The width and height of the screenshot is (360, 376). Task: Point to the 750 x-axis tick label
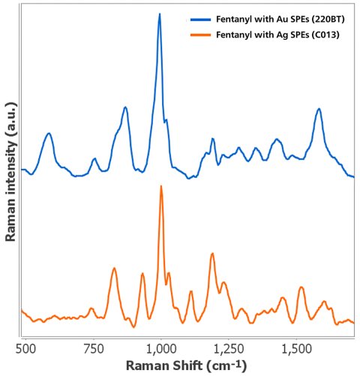point(94,347)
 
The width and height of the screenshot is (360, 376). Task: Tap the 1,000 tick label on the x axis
point(160,347)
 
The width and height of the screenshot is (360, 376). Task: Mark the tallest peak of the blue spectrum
point(160,14)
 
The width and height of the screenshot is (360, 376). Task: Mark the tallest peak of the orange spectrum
point(160,186)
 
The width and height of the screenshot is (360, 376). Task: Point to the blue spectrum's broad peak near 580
point(49,134)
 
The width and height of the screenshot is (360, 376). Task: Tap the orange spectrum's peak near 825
point(114,268)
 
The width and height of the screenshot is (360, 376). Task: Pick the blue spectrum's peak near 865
point(126,107)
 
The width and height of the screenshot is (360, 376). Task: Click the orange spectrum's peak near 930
point(142,274)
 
